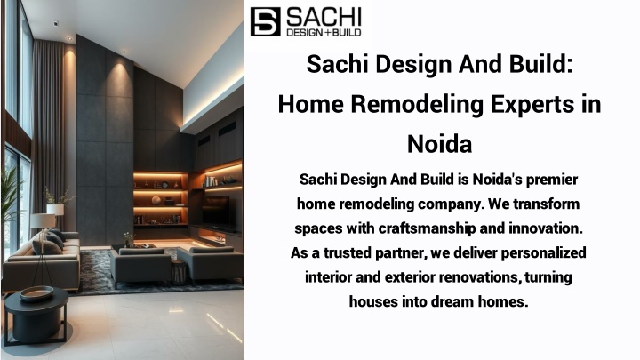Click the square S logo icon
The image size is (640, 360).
pyautogui.click(x=265, y=21)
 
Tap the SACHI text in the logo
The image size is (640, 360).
pyautogui.click(x=324, y=17)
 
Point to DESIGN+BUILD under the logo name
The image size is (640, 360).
pyautogui.click(x=324, y=32)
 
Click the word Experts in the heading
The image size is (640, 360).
pyautogui.click(x=530, y=105)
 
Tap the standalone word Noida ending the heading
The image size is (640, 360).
pyautogui.click(x=440, y=144)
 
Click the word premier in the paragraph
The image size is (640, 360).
pyautogui.click(x=552, y=180)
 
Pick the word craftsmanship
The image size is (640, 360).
pyautogui.click(x=427, y=228)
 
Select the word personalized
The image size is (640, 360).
pyautogui.click(x=544, y=253)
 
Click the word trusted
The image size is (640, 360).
pyautogui.click(x=348, y=252)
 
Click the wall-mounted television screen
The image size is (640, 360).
pyautogui.click(x=216, y=212)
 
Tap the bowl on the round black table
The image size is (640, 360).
pyautogui.click(x=36, y=293)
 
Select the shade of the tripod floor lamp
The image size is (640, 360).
pyautogui.click(x=43, y=220)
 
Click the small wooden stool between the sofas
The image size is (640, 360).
pyautogui.click(x=179, y=272)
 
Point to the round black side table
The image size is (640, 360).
pyautogui.click(x=36, y=315)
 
